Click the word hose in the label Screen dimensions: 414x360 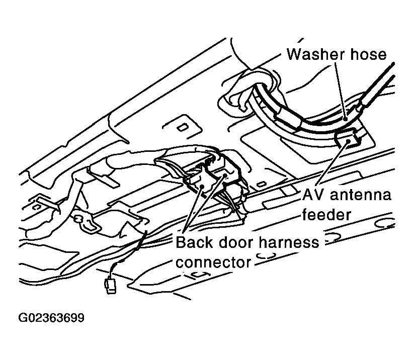[368, 54]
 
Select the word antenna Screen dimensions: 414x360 [361, 195]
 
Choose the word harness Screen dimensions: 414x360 [289, 242]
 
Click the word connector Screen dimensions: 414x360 [213, 262]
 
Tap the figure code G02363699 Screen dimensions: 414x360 [51, 318]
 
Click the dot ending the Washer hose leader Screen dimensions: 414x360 [345, 119]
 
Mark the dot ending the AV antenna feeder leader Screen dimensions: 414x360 [349, 141]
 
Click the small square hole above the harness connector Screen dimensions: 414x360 [182, 128]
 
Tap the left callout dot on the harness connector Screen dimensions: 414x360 [203, 187]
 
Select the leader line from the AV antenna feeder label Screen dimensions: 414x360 [334, 163]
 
